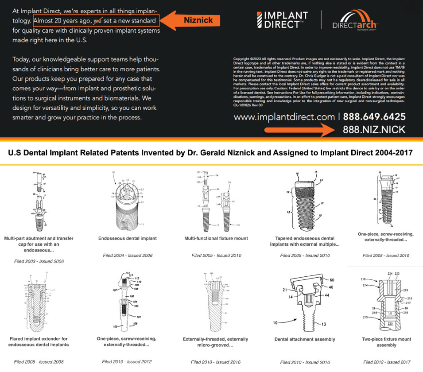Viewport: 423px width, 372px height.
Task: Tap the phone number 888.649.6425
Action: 374,117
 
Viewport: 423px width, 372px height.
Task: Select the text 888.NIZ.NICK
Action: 374,130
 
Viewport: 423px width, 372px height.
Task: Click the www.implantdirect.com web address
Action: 284,117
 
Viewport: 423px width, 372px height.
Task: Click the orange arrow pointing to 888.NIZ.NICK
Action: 302,130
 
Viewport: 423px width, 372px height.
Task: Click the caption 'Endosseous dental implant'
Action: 128,238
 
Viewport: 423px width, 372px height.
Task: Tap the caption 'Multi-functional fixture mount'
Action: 216,238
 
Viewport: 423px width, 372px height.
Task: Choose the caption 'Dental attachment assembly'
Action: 305,339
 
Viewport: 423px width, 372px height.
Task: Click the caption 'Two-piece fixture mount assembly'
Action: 386,342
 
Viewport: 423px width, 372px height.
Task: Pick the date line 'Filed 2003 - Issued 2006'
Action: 39,261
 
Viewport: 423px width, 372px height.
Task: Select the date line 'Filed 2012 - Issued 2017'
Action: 386,362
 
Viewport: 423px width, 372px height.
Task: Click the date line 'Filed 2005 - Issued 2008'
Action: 39,362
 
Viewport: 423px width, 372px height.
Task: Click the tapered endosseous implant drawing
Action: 304,199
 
